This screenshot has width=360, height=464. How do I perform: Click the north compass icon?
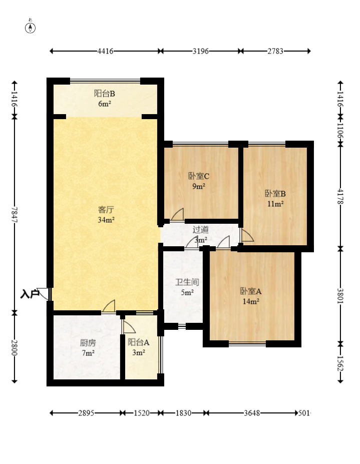[x=31, y=28]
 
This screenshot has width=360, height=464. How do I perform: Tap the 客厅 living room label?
[x=105, y=209]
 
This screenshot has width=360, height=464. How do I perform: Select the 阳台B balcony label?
[x=105, y=93]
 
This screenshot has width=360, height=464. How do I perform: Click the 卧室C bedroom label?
[x=198, y=176]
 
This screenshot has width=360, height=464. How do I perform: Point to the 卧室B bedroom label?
[x=275, y=194]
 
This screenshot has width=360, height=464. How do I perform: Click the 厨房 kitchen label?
[x=88, y=343]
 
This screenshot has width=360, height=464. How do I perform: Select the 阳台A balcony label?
[x=138, y=342]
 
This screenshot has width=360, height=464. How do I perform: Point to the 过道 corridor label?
[x=200, y=230]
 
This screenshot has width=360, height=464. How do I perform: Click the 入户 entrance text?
[x=30, y=294]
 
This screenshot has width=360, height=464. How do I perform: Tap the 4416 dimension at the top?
[x=105, y=51]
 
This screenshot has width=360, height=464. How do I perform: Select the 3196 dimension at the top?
[x=200, y=51]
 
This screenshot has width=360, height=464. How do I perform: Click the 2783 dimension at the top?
[x=275, y=51]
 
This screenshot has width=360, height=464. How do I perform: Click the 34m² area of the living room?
[x=105, y=220]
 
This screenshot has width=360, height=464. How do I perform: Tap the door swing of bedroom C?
[x=177, y=215]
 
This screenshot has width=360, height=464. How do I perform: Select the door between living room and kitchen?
[x=109, y=306]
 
